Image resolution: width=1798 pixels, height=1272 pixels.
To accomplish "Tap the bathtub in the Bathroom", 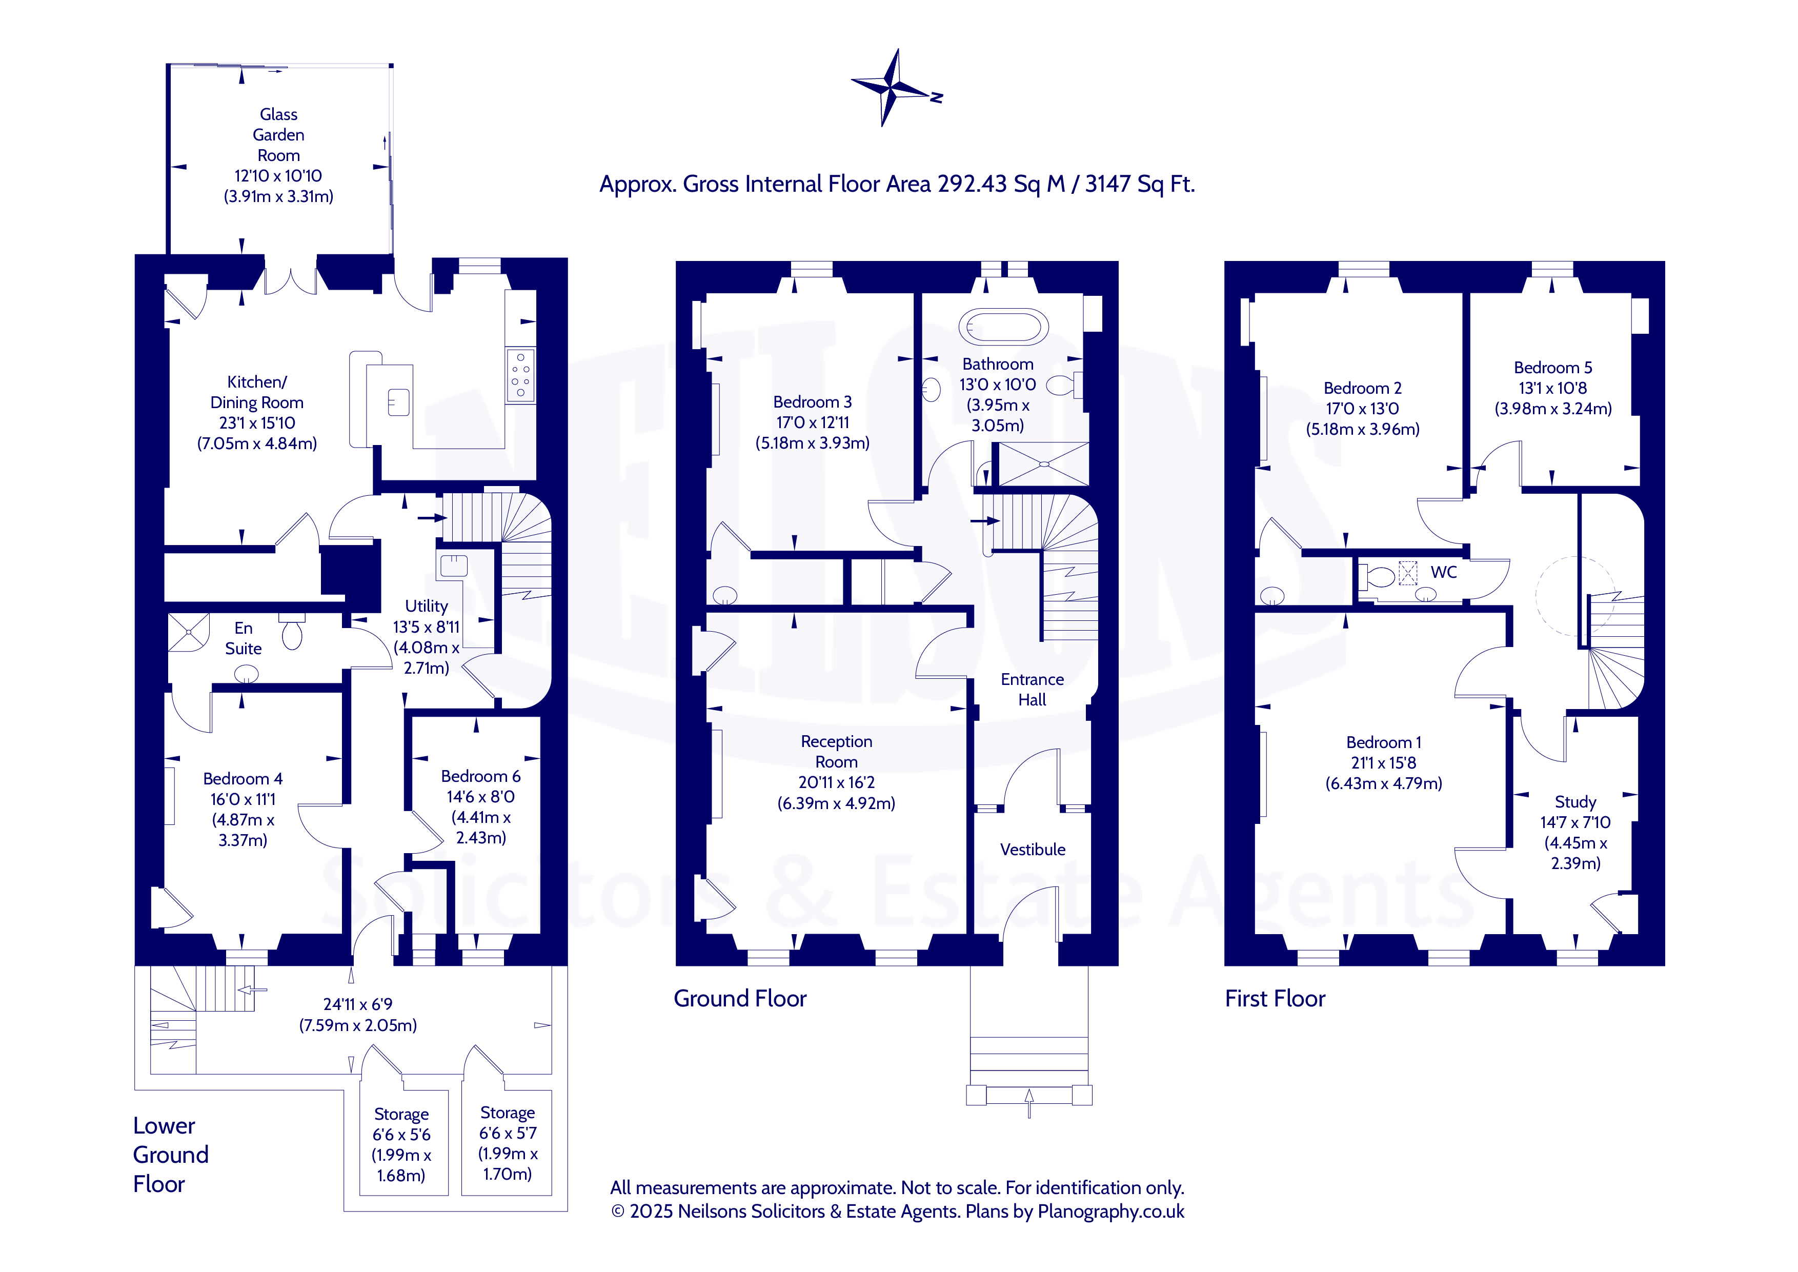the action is coord(1003,327).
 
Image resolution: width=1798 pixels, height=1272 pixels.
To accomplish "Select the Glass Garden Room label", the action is coord(279,135).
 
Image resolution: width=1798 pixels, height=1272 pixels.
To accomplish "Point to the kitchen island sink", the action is coord(398,402).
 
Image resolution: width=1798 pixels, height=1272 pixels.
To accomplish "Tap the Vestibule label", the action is coord(1032,850).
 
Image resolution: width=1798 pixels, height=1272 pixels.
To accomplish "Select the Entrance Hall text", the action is coord(1032,689).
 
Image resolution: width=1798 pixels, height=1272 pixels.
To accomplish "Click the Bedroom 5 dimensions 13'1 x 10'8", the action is coord(1553,388).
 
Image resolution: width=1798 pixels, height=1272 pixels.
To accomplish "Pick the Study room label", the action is coord(1575,802).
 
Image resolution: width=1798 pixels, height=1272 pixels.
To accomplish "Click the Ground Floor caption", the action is coord(740,999).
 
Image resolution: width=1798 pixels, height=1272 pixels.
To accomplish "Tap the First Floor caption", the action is coord(1275,999).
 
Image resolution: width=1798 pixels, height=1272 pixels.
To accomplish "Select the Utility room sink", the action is coord(453,564).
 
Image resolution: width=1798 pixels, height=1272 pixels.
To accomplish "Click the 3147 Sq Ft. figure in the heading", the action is coord(1140,184).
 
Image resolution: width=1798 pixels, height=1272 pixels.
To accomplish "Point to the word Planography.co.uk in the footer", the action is coord(1111,1212).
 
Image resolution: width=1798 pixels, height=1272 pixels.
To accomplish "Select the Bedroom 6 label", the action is coord(481,776).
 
